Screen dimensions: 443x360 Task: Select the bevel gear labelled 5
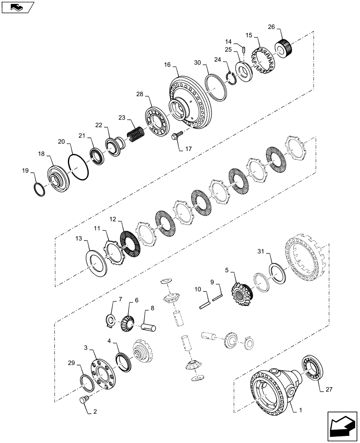pyautogui.click(x=241, y=292)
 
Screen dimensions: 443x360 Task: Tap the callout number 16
pyautogui.click(x=167, y=65)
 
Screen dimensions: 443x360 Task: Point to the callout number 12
pyautogui.click(x=113, y=220)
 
